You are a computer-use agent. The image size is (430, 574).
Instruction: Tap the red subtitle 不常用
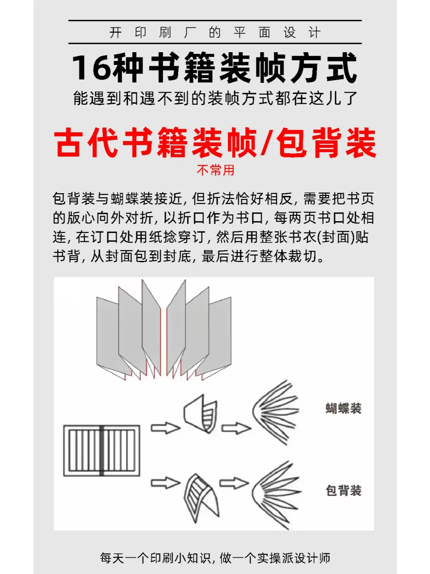click(215, 170)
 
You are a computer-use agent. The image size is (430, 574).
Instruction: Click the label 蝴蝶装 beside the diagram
click(343, 408)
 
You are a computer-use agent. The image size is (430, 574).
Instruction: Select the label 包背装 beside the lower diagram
click(343, 490)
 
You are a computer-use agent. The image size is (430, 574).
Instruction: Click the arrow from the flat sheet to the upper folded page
click(165, 428)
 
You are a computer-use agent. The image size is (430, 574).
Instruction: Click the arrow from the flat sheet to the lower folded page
click(165, 483)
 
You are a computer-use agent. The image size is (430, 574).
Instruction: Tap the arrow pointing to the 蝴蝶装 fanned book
click(236, 428)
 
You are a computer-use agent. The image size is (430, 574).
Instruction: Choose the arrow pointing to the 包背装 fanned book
click(234, 483)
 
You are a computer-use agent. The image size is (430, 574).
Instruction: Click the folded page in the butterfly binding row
click(200, 414)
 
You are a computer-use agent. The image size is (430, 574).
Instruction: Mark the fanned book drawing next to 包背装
click(276, 495)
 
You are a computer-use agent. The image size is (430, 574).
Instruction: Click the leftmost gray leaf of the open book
click(107, 335)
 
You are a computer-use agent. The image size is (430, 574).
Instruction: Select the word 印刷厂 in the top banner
click(165, 32)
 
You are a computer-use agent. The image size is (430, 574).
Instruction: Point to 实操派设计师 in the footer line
click(293, 558)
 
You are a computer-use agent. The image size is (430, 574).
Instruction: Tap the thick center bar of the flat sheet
click(102, 451)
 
